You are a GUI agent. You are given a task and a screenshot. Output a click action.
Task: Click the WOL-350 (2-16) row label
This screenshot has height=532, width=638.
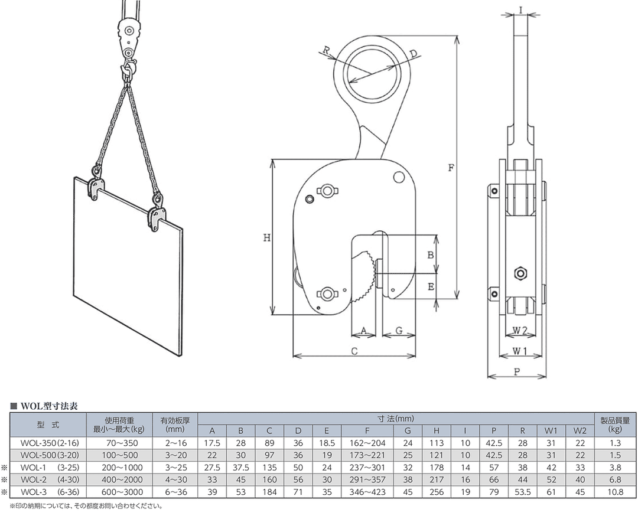click(x=50, y=443)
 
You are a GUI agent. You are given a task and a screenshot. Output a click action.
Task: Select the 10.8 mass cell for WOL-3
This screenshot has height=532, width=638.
click(x=615, y=492)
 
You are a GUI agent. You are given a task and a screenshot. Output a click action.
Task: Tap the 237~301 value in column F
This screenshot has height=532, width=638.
click(x=367, y=467)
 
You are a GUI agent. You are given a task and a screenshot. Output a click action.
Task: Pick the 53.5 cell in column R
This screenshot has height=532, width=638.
click(x=522, y=492)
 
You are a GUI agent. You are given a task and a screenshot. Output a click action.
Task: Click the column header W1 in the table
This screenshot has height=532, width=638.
click(x=551, y=430)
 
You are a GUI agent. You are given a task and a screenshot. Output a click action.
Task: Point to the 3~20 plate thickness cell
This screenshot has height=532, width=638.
click(x=176, y=455)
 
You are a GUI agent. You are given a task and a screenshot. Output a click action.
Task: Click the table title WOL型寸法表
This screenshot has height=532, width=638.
click(x=48, y=406)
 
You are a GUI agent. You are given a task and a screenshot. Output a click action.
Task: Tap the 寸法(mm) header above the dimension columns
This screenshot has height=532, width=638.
click(x=395, y=419)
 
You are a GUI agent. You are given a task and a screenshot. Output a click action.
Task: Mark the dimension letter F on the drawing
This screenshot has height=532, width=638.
click(x=451, y=167)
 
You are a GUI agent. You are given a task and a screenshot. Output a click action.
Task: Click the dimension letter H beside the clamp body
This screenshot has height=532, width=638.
click(x=266, y=238)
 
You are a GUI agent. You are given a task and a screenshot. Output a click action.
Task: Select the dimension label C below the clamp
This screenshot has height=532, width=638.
click(x=354, y=351)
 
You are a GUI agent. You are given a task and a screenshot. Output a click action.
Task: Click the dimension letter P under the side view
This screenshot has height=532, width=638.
click(x=517, y=371)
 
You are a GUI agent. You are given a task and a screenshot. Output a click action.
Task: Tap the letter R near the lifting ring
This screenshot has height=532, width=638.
click(x=326, y=50)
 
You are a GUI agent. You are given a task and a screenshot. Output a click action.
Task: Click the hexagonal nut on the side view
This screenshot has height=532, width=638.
click(x=520, y=273)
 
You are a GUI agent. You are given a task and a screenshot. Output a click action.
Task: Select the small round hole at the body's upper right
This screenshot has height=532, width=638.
click(x=399, y=177)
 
